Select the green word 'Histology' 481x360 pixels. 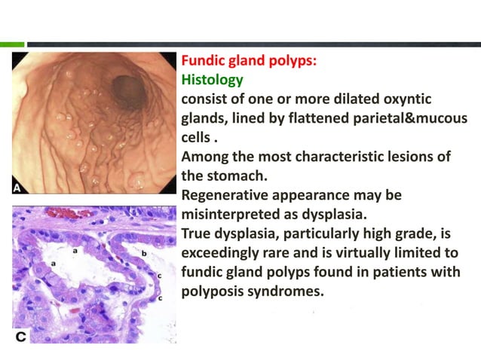point(211,79)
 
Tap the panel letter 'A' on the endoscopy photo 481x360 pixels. point(19,186)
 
